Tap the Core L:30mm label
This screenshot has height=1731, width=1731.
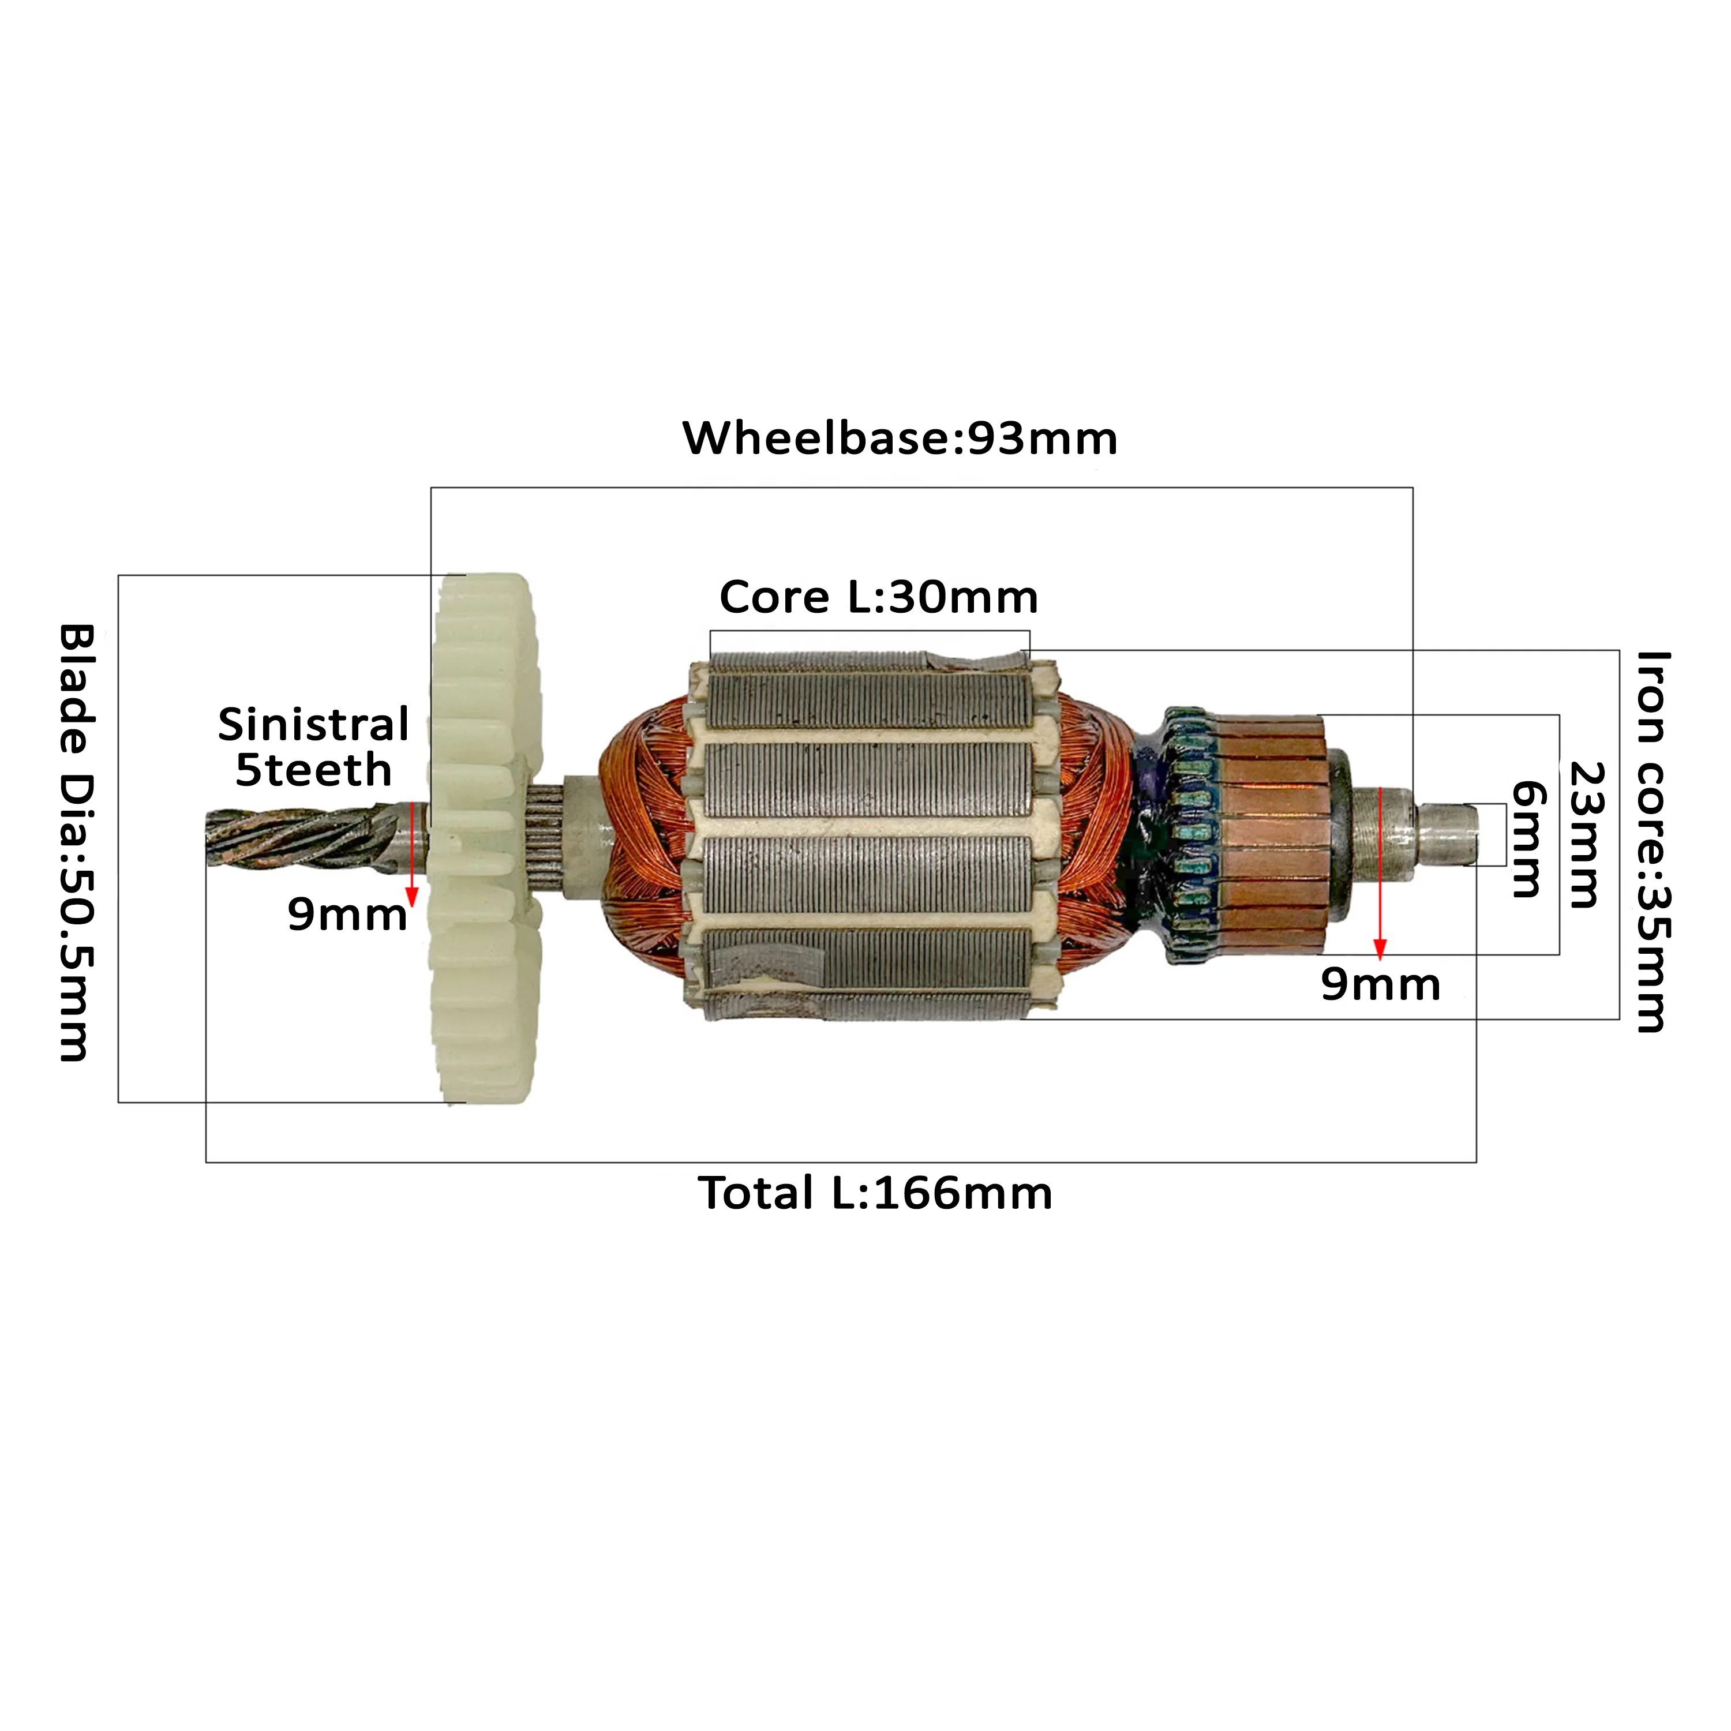tap(878, 598)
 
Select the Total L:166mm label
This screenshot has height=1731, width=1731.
tap(875, 1193)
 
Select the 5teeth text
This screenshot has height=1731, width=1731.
tap(313, 770)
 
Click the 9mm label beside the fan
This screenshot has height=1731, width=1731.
tap(347, 915)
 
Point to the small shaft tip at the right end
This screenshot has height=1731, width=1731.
tap(1447, 833)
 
